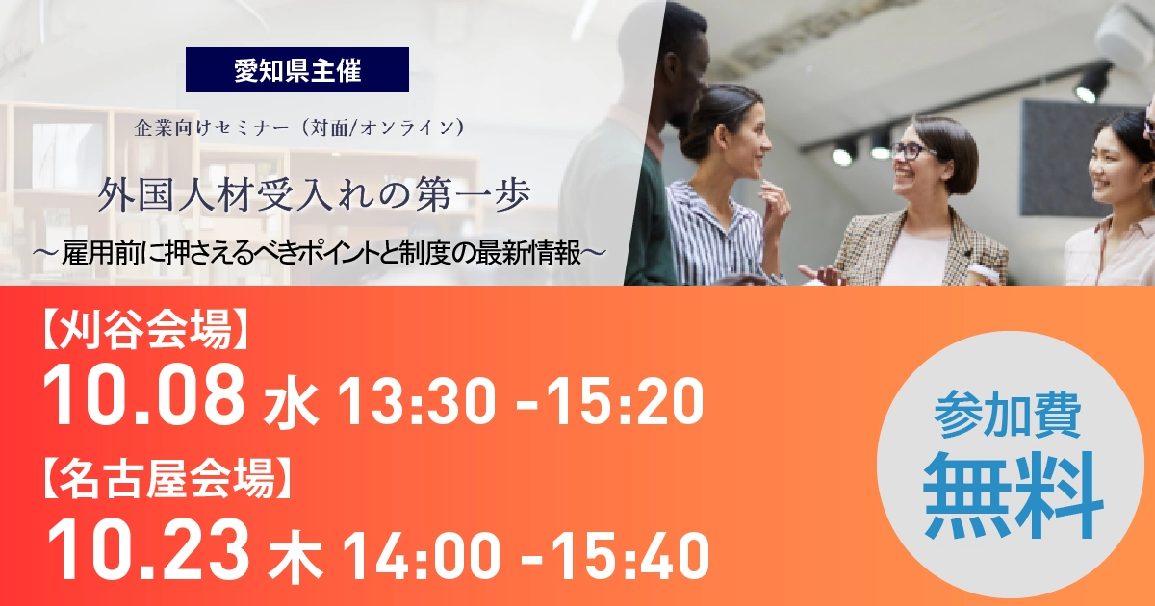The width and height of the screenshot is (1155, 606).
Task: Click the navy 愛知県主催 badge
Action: point(297,69)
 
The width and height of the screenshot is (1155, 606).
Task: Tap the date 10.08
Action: point(143,395)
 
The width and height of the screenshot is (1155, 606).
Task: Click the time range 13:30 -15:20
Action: point(520,399)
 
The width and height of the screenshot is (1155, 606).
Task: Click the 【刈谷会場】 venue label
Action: point(143,330)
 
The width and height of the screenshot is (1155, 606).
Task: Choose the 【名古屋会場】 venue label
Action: point(166,480)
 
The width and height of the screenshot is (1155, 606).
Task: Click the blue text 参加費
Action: point(1007,417)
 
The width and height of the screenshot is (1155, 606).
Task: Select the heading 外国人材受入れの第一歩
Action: point(314,196)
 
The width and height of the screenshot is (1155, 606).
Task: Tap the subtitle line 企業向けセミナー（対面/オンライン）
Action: point(300,128)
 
